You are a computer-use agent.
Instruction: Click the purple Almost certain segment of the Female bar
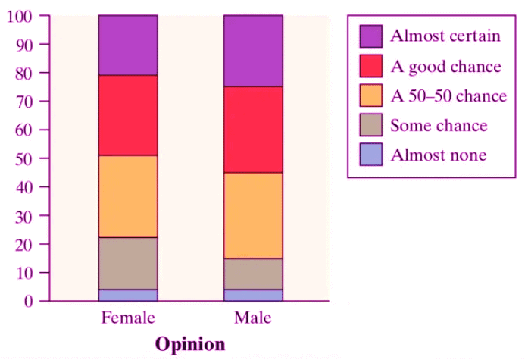tap(128, 45)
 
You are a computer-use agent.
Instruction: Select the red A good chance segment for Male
tap(253, 130)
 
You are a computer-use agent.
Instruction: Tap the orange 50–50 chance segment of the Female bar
tap(128, 196)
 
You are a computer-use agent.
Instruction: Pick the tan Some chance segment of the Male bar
tap(253, 274)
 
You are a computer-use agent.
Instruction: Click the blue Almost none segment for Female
tap(128, 295)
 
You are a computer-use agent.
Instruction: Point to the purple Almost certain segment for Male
tap(253, 50)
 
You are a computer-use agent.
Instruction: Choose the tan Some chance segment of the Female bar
tap(128, 263)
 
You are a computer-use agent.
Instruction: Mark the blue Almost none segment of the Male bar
tap(253, 295)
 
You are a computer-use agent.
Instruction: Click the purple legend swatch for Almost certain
tap(371, 36)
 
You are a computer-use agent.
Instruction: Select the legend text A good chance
tap(445, 67)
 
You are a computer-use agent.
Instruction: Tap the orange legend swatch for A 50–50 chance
tap(371, 95)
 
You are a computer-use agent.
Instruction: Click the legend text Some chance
tap(439, 126)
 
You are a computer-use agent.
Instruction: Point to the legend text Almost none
tap(438, 155)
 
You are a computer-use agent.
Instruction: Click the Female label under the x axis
tap(128, 317)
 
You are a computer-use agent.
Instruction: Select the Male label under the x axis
tap(253, 317)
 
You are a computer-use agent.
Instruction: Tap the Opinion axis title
tap(190, 343)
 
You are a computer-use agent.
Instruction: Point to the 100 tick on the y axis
tap(21, 16)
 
